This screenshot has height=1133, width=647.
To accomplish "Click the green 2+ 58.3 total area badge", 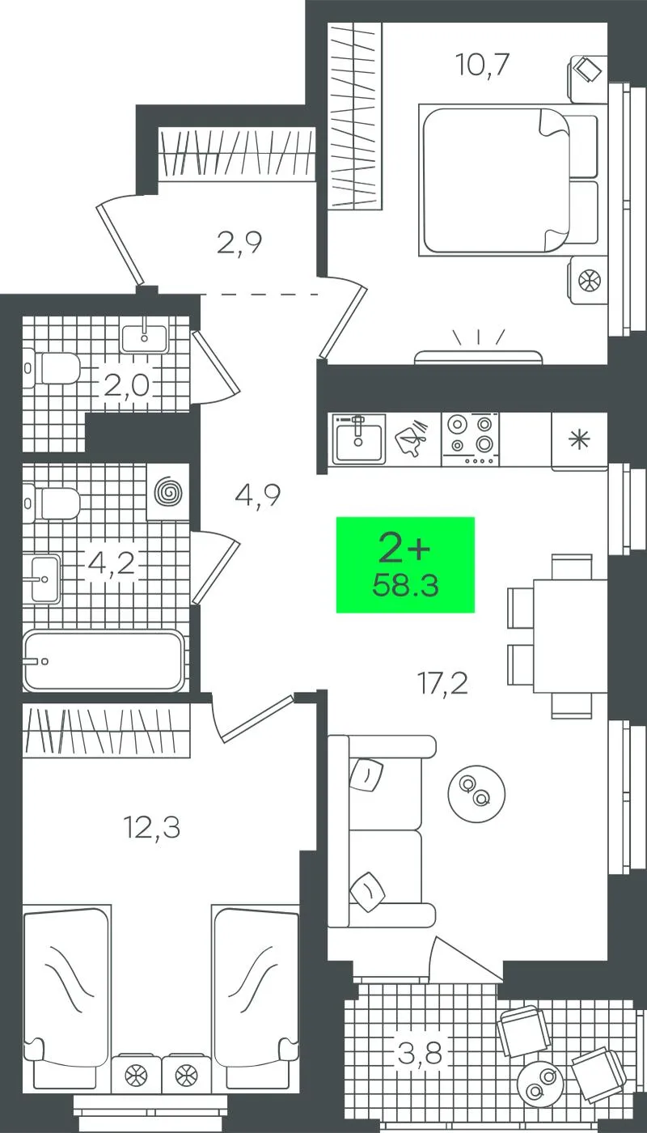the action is [405, 565].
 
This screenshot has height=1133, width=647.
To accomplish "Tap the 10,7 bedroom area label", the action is [482, 65].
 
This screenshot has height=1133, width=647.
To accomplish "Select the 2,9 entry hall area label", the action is [239, 242].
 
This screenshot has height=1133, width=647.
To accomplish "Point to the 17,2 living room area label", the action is [442, 683].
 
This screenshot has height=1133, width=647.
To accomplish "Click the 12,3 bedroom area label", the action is [152, 828].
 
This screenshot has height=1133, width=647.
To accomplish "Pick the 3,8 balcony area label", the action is [420, 1053].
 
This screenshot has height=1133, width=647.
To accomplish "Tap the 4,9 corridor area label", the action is [258, 494].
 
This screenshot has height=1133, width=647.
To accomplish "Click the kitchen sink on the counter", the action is [358, 439].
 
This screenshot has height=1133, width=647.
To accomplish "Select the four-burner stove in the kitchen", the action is [471, 439].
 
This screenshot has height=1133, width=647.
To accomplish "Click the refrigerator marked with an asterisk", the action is [579, 441].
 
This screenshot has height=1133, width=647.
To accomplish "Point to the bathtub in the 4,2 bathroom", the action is [104, 660].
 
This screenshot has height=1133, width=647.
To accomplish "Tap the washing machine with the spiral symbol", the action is [168, 492].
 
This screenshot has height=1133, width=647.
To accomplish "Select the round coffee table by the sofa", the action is [476, 793].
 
